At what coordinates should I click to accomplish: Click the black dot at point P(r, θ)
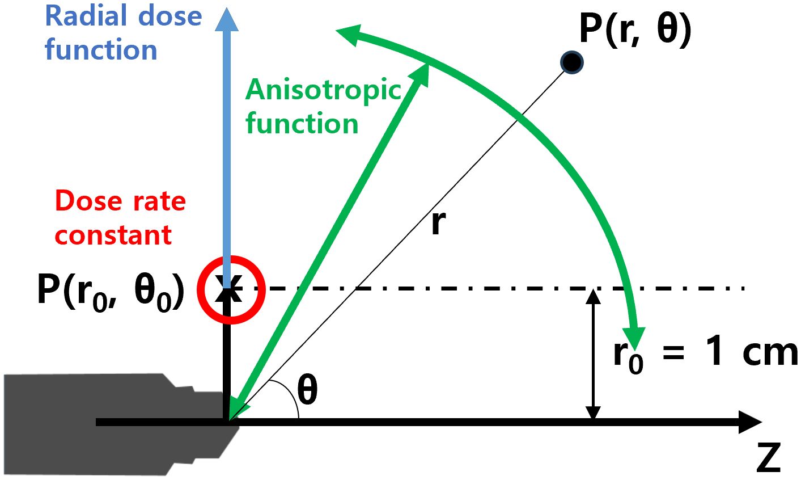(x=571, y=62)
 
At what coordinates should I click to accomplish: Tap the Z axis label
(x=768, y=458)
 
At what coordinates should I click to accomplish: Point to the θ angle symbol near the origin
(x=307, y=391)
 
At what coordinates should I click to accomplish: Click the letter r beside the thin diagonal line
(x=438, y=223)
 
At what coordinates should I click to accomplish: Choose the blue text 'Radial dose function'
(x=123, y=32)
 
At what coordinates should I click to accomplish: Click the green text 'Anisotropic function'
(x=323, y=106)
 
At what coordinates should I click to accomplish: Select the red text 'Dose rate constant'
(x=120, y=218)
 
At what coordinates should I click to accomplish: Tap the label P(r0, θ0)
(x=111, y=291)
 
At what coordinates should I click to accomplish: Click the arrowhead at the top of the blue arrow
(x=227, y=19)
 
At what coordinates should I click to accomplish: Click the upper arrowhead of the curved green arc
(x=349, y=35)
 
